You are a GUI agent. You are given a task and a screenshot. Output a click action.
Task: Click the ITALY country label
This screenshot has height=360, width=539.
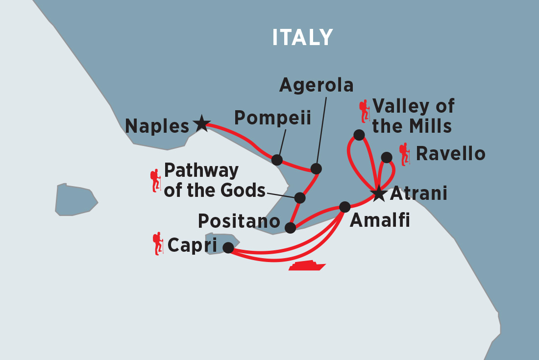(302, 38)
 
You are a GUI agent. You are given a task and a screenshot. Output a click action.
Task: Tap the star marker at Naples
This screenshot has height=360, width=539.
(201, 123)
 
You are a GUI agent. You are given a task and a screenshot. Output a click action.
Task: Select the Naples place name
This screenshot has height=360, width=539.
(157, 126)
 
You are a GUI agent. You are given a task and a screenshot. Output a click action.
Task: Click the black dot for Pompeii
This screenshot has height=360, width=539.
(277, 160)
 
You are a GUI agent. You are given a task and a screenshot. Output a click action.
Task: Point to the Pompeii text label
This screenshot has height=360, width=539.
(272, 118)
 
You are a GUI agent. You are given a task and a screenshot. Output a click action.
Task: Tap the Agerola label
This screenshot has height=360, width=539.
(316, 85)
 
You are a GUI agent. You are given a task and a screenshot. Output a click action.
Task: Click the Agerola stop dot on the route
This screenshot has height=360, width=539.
(316, 169)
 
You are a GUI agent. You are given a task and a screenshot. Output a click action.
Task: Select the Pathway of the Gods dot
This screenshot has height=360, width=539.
(300, 198)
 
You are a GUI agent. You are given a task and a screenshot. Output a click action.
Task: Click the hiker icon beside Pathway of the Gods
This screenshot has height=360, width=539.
(156, 180)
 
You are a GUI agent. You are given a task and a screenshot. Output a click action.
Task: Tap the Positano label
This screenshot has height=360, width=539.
(239, 221)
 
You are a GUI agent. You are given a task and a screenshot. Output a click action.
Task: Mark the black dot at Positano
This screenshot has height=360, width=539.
(290, 228)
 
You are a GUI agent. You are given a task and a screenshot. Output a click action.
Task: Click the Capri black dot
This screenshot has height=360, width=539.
(228, 248)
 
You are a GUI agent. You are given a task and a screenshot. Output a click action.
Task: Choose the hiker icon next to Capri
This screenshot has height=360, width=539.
(158, 243)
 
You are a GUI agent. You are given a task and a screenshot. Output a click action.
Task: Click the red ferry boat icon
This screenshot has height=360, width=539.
(307, 265)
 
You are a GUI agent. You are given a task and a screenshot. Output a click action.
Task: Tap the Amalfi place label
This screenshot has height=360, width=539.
(380, 221)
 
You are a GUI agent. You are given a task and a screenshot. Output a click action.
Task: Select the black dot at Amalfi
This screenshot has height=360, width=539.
(345, 207)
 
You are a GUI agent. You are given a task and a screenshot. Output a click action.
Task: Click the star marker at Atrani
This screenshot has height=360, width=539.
(379, 193)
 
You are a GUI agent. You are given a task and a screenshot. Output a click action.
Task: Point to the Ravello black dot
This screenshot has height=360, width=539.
(387, 157)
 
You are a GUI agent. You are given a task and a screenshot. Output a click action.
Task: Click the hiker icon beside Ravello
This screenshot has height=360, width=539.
(405, 154)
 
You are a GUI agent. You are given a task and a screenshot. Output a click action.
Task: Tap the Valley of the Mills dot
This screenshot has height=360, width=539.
(359, 135)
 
